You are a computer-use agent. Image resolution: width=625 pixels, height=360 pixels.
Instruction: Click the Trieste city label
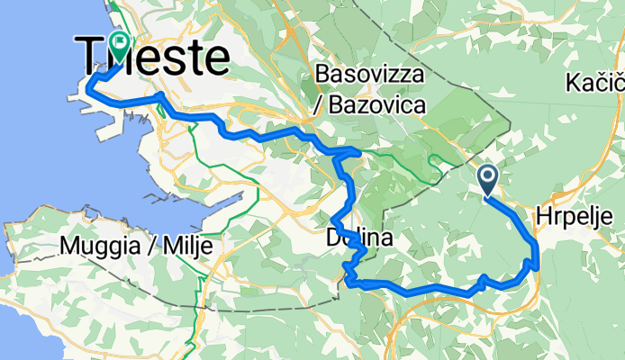tap(153, 57)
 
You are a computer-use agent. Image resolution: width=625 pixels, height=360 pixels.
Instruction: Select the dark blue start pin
tap(487, 179)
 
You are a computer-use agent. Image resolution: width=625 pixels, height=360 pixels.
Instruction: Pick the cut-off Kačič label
tap(595, 85)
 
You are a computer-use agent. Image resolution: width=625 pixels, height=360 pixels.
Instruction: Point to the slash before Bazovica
tap(318, 106)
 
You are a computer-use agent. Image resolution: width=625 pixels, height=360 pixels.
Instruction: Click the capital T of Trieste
tap(91, 57)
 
